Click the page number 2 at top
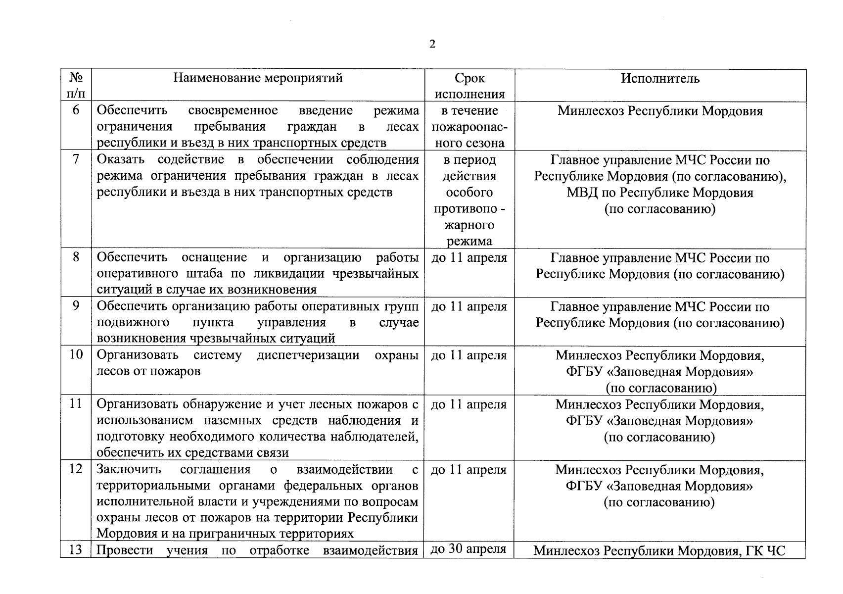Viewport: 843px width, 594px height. pyautogui.click(x=432, y=45)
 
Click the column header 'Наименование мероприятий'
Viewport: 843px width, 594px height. pyautogui.click(x=258, y=78)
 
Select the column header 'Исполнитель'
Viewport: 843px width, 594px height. pyautogui.click(x=660, y=78)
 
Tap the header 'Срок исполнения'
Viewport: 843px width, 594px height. pyautogui.click(x=469, y=86)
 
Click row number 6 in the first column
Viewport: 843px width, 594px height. pyautogui.click(x=76, y=110)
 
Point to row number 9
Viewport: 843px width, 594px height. pyautogui.click(x=76, y=306)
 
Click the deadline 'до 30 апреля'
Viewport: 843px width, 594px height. pyautogui.click(x=468, y=549)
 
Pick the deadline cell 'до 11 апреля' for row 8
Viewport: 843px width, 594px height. pyautogui.click(x=469, y=258)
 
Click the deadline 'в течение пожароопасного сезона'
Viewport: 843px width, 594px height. pyautogui.click(x=469, y=127)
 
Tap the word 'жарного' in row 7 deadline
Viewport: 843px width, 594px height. pyautogui.click(x=469, y=225)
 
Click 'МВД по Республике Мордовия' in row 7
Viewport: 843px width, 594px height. pyautogui.click(x=660, y=193)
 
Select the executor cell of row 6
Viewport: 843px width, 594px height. pyautogui.click(x=660, y=111)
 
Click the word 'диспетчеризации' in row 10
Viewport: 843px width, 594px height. pyautogui.click(x=308, y=355)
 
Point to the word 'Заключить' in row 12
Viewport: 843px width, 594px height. pyautogui.click(x=129, y=469)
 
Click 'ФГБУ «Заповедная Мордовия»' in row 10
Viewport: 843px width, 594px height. pyautogui.click(x=660, y=372)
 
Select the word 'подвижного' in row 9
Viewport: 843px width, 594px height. pyautogui.click(x=133, y=323)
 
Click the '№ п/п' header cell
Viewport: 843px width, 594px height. pyautogui.click(x=76, y=86)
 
